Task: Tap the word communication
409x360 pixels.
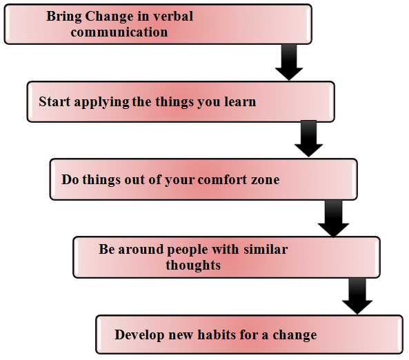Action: click(x=119, y=32)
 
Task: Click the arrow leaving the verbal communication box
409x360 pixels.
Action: click(x=289, y=62)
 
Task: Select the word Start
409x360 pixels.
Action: click(x=54, y=101)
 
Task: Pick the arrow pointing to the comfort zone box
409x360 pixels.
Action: click(x=308, y=139)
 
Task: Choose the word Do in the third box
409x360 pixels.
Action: click(x=70, y=179)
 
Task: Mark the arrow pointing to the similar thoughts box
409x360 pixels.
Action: click(x=333, y=219)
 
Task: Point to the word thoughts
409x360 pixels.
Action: click(x=193, y=266)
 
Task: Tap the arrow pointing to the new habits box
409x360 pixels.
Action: click(x=357, y=296)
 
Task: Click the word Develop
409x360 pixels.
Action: click(x=139, y=335)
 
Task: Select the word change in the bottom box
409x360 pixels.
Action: click(x=295, y=336)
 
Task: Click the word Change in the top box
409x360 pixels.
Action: click(x=110, y=17)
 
